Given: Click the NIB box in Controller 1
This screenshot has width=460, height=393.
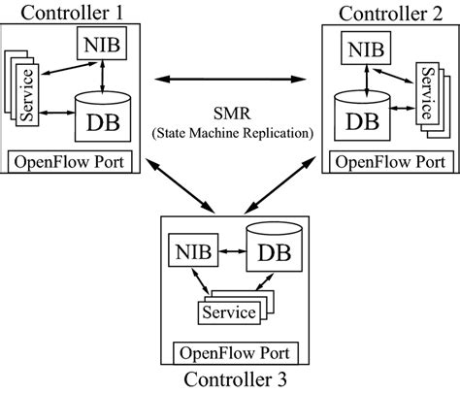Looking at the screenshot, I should (x=100, y=46).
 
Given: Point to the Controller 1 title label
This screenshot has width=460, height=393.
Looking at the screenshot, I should (x=64, y=12).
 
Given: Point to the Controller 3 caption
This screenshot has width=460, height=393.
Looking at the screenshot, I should (x=237, y=380).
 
